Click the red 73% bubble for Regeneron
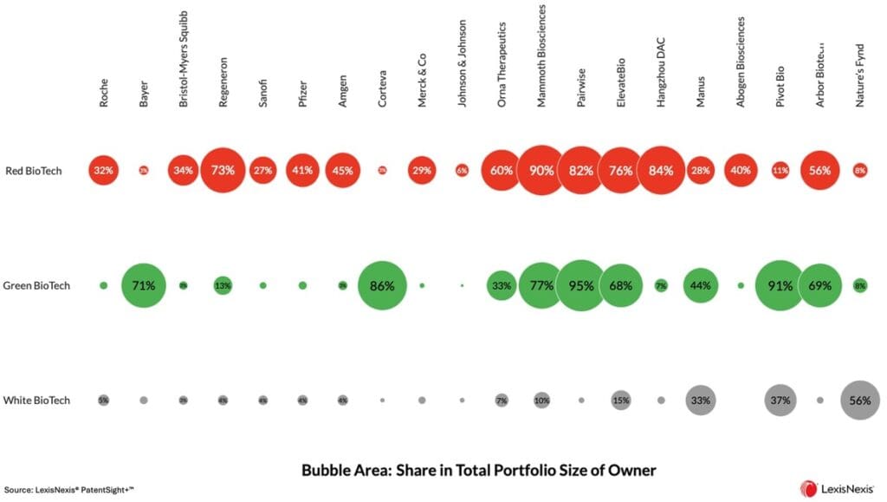pos(223,170)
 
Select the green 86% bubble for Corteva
pos(382,284)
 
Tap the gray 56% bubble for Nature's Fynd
pos(859,401)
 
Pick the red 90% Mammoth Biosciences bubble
pos(541,170)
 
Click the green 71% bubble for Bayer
pos(144,284)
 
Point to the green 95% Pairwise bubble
pos(581,284)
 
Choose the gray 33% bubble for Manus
pos(701,401)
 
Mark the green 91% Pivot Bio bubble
pos(780,284)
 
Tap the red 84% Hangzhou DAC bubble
pos(661,170)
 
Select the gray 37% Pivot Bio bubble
pos(780,401)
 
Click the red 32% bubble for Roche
pos(104,170)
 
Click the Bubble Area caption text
pos(478,470)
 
